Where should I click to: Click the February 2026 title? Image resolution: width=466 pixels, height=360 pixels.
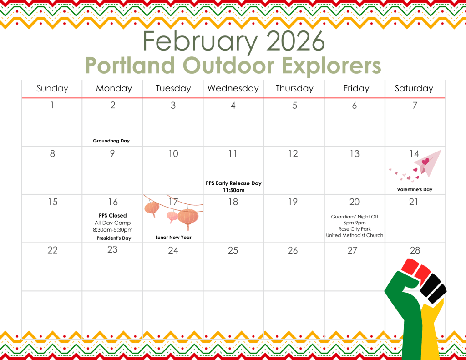pyautogui.click(x=233, y=41)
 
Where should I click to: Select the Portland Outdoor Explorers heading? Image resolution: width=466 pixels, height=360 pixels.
pyautogui.click(x=233, y=65)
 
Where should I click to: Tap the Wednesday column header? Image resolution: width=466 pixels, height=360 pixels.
pyautogui.click(x=233, y=88)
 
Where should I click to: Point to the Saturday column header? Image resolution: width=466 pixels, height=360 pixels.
pyautogui.click(x=414, y=88)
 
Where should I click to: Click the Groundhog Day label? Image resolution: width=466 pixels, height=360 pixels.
pyautogui.click(x=111, y=141)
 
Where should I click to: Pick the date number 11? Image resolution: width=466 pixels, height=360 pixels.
pyautogui.click(x=233, y=154)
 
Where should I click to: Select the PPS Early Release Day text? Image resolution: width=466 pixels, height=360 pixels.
pyautogui.click(x=233, y=183)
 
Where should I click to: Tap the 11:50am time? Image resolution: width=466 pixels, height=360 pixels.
pyautogui.click(x=233, y=190)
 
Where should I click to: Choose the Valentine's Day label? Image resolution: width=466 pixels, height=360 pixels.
pyautogui.click(x=415, y=189)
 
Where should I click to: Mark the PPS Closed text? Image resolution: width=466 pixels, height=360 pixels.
pyautogui.click(x=113, y=216)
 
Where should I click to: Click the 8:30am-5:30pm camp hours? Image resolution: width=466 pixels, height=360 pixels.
pyautogui.click(x=113, y=230)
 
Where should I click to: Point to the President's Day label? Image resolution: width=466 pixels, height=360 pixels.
pyautogui.click(x=114, y=238)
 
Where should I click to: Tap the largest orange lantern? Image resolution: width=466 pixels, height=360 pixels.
pyautogui.click(x=188, y=218)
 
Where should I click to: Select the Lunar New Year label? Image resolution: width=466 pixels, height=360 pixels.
pyautogui.click(x=173, y=238)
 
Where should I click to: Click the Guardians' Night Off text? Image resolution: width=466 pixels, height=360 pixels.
pyautogui.click(x=355, y=217)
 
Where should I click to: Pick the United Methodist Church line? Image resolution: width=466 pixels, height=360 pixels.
pyautogui.click(x=355, y=235)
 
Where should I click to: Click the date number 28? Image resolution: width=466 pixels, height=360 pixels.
pyautogui.click(x=415, y=250)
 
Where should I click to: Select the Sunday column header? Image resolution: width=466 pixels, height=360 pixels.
pyautogui.click(x=52, y=88)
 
